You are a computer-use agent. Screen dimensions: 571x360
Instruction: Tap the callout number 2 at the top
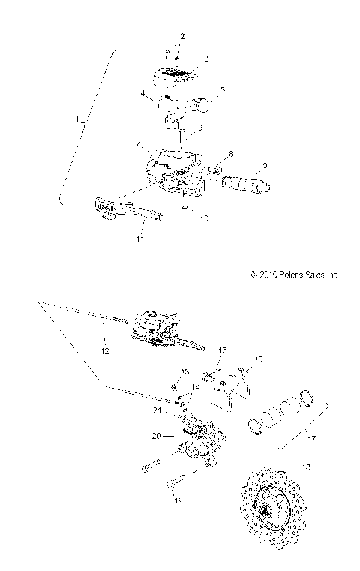(x=181, y=36)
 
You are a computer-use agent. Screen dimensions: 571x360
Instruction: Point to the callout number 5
(x=222, y=91)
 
